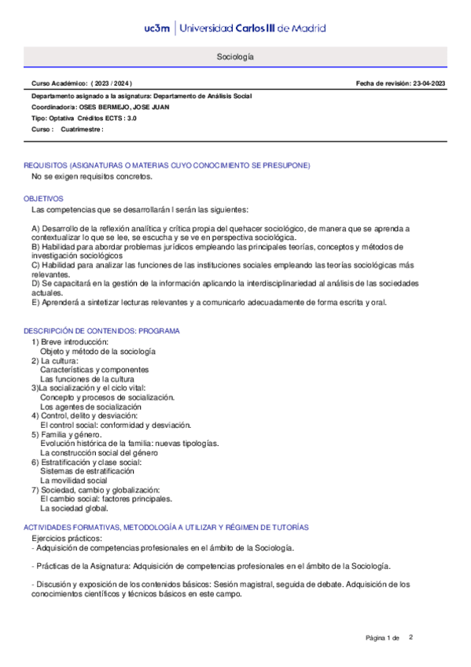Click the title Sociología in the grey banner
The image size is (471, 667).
235,58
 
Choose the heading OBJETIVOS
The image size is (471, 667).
43,199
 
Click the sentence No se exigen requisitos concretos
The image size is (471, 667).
86,177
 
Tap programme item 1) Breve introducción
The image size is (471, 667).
69,342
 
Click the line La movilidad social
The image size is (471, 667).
73,480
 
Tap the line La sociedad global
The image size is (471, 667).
74,508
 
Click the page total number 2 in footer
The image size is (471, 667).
410,636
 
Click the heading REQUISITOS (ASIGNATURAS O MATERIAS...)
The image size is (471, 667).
167,165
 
